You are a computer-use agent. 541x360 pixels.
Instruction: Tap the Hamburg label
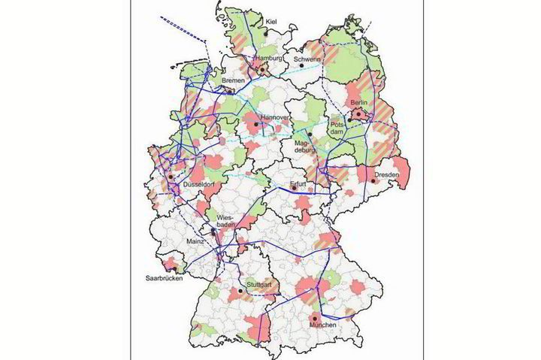268,59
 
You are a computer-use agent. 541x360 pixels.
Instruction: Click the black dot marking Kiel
264,32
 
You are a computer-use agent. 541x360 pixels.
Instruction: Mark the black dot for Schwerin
301,66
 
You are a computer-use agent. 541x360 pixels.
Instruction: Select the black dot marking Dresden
373,180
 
